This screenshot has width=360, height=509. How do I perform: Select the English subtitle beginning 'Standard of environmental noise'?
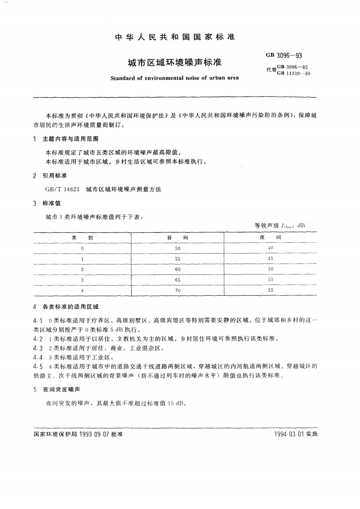[175, 77]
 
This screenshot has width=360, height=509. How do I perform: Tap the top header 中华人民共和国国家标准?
[175, 37]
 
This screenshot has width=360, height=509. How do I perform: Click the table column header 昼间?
[178, 237]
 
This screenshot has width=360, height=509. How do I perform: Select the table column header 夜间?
[271, 237]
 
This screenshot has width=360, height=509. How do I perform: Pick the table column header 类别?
[82, 237]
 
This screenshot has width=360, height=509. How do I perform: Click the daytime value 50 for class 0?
[178, 248]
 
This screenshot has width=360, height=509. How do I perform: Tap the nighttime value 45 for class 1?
[271, 259]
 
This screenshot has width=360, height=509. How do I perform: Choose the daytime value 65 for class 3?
[178, 280]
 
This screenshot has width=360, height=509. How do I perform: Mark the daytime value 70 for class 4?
[178, 290]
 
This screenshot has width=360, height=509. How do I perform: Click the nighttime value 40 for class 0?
[271, 248]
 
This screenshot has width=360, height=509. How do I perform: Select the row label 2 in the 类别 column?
[82, 269]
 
